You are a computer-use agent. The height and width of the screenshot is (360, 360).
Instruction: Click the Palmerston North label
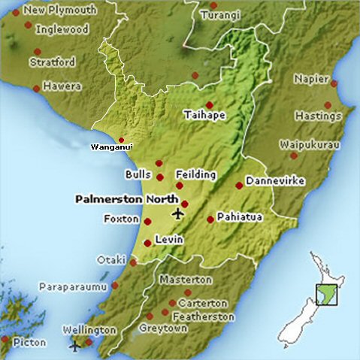pos(127,200)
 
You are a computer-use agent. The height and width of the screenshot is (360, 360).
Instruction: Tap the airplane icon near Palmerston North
pos(178,213)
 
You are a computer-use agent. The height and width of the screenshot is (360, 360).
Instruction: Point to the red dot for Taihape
pos(210,105)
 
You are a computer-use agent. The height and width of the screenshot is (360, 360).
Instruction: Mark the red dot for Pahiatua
pos(210,219)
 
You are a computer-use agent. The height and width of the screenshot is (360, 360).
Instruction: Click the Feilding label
pos(197,174)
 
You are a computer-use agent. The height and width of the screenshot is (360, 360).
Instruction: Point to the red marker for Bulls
pos(159,177)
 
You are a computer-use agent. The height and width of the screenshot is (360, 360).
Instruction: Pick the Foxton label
pos(122,219)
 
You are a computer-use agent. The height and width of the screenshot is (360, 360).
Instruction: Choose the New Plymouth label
pos(60,11)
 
